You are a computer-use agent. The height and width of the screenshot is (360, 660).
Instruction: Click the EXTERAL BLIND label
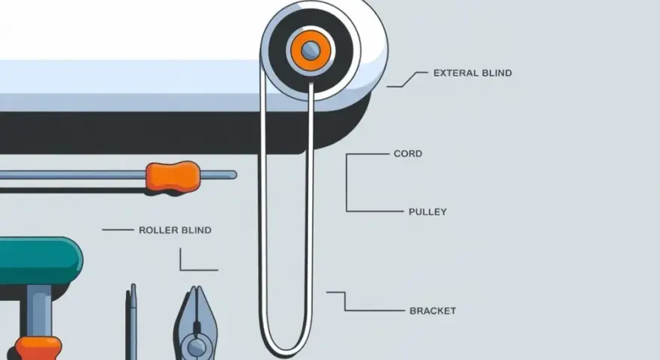(x=472, y=73)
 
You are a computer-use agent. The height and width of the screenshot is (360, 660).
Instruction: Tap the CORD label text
(x=408, y=154)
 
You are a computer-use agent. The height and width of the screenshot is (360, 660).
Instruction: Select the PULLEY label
(x=427, y=211)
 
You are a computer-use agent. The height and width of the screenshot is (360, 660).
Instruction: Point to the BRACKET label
(x=433, y=310)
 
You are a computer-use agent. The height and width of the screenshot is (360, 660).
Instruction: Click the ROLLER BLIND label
(x=175, y=230)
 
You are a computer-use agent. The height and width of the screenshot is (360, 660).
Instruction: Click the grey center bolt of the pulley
(x=310, y=50)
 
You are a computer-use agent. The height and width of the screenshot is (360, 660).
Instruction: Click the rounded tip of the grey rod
(x=233, y=174)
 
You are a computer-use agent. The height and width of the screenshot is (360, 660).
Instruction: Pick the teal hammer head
(x=40, y=261)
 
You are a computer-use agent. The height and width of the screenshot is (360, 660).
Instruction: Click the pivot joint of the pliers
(x=196, y=347)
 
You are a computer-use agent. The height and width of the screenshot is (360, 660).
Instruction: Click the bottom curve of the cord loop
(x=286, y=352)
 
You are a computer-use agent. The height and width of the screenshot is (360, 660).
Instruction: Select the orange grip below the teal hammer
(x=38, y=349)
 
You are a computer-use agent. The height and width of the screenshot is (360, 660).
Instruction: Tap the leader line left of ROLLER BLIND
(x=118, y=230)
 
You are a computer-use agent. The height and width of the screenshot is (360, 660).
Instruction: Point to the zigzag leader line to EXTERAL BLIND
(x=407, y=79)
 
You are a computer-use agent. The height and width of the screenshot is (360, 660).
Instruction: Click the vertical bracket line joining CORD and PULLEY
(x=346, y=183)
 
